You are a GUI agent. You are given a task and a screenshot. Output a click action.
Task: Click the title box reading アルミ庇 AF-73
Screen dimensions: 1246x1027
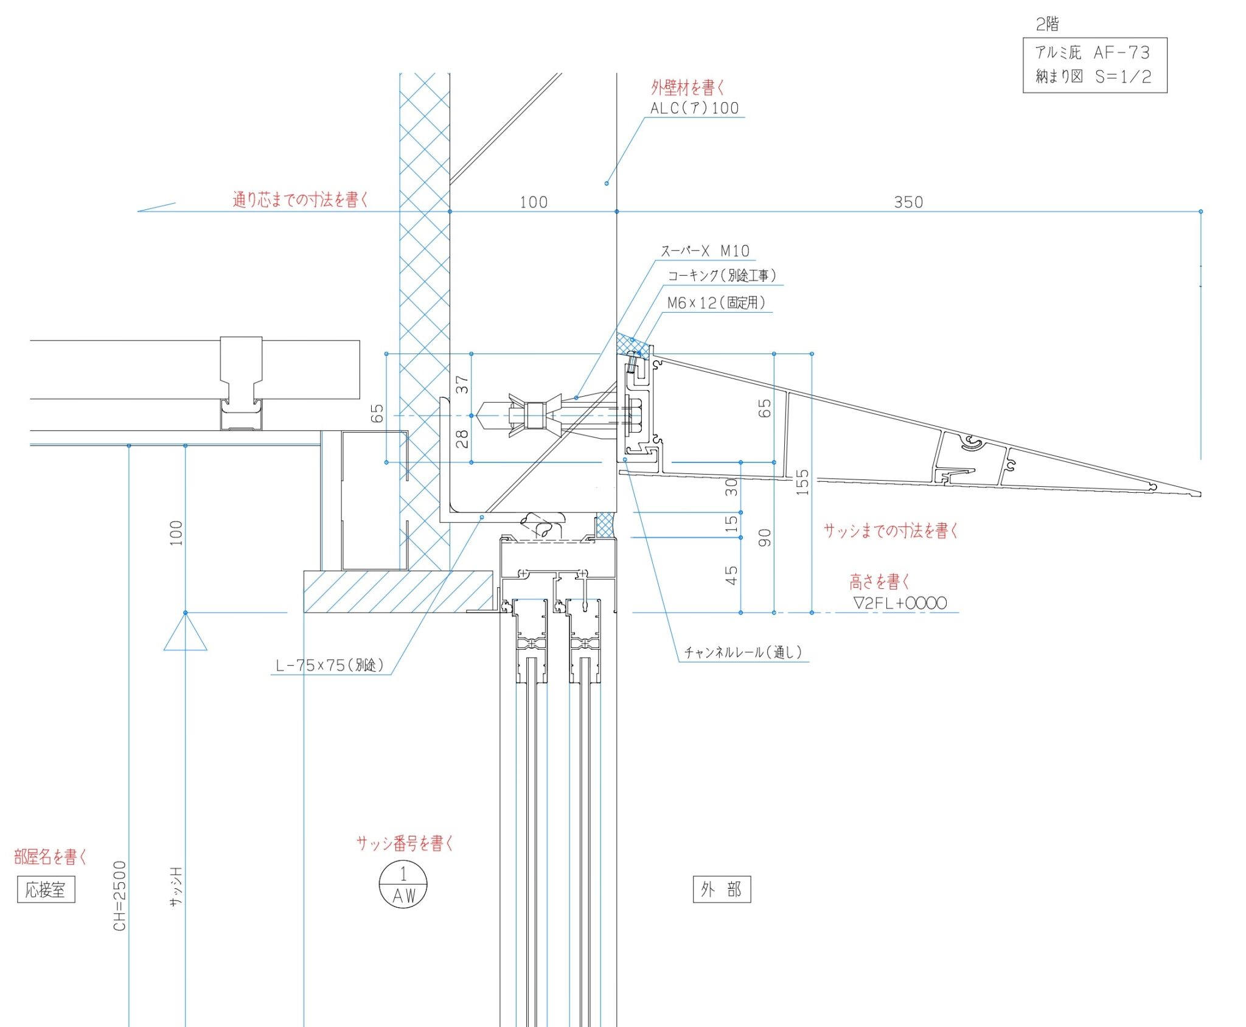1095,65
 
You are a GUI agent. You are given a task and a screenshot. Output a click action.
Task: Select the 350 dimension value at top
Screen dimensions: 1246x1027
908,202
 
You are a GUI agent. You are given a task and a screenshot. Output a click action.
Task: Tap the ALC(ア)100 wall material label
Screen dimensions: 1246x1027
695,108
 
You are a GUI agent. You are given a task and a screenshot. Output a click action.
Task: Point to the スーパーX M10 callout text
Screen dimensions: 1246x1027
705,251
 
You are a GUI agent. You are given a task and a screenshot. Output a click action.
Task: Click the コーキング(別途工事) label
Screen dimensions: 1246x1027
722,276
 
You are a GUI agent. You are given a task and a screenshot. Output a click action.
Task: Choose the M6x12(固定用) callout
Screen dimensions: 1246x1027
716,302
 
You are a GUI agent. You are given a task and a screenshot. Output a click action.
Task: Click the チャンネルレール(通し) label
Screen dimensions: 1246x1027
743,652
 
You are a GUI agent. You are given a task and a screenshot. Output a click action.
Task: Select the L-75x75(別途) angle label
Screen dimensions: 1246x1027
330,665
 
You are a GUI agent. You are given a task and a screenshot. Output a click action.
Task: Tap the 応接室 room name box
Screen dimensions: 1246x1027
46,889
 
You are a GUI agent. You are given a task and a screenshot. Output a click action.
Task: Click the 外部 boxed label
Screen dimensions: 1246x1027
722,889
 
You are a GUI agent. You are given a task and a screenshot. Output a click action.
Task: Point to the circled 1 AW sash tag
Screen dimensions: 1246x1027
403,885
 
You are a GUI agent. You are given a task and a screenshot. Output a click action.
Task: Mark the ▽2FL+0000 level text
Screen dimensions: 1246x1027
900,603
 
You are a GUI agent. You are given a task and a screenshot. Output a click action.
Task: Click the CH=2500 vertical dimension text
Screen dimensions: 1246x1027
120,896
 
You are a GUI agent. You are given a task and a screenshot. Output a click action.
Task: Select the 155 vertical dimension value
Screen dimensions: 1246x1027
803,482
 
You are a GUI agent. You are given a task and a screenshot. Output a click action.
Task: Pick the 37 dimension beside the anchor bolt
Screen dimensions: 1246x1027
462,385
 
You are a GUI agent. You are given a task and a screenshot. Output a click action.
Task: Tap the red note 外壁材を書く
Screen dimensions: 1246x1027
688,88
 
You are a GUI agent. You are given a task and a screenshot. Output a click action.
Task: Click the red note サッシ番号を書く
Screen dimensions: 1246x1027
405,843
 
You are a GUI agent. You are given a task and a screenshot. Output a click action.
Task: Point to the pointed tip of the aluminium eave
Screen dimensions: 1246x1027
1200,493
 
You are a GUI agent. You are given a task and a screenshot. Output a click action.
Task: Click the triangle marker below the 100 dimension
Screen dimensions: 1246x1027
186,632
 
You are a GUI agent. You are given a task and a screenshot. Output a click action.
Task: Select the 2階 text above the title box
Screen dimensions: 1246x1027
1048,24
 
